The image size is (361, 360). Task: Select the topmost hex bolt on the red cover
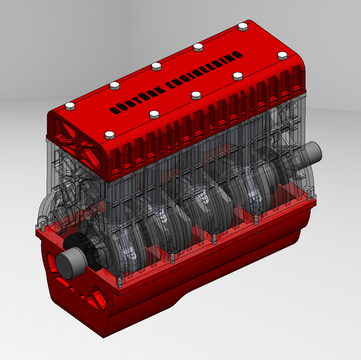(x=243, y=27)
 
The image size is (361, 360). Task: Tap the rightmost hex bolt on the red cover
(x=282, y=56)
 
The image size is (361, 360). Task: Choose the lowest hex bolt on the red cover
(x=110, y=135)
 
